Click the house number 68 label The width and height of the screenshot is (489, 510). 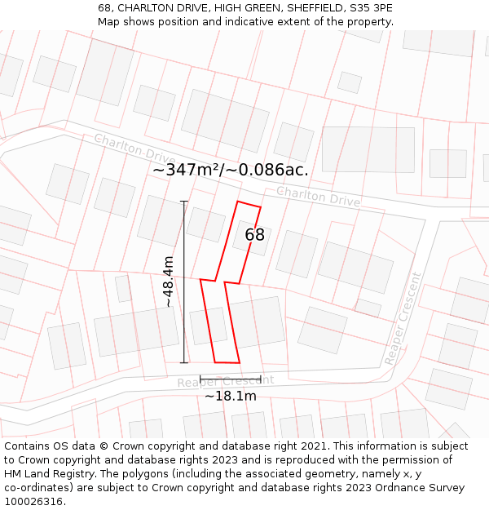(255, 235)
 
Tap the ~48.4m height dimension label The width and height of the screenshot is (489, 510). (168, 282)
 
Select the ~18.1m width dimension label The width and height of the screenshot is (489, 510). (231, 397)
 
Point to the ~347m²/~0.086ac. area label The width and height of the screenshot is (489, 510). (231, 170)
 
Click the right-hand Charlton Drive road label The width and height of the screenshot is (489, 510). (318, 196)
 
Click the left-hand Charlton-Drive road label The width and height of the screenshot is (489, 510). (134, 147)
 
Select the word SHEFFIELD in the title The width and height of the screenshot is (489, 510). (287, 7)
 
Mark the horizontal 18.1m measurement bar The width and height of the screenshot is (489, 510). (231, 379)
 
